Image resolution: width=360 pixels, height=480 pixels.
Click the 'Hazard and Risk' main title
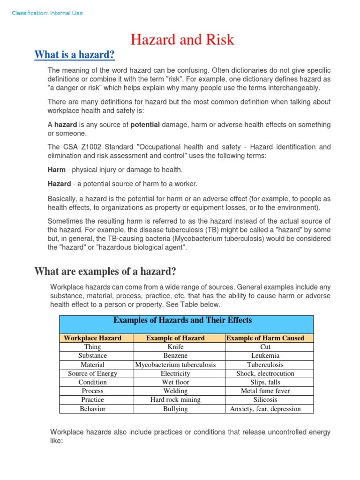click(x=182, y=39)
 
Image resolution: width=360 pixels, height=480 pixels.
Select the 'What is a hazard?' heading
click(x=75, y=55)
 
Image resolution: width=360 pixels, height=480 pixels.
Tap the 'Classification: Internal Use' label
click(x=47, y=13)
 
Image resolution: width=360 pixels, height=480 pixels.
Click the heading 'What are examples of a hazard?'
click(x=105, y=271)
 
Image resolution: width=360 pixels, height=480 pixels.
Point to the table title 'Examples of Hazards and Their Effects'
click(x=182, y=321)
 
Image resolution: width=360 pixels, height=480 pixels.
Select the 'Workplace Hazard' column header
click(x=92, y=338)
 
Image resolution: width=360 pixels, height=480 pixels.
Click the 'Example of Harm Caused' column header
click(x=265, y=338)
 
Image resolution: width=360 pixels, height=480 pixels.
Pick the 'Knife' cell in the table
click(x=175, y=347)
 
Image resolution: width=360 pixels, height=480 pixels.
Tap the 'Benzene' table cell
click(x=175, y=356)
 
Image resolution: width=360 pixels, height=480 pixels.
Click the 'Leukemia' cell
click(x=265, y=356)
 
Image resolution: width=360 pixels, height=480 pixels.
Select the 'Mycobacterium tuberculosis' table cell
click(x=175, y=365)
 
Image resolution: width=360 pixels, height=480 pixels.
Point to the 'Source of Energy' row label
click(x=92, y=374)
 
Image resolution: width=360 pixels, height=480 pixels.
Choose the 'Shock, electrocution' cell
click(x=265, y=374)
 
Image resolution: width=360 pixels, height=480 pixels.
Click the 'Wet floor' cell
click(x=175, y=382)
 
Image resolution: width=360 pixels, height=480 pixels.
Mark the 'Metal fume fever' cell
click(x=265, y=391)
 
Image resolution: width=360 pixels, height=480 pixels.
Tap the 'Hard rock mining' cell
click(x=175, y=400)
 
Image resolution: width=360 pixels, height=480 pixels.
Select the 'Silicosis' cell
click(x=265, y=400)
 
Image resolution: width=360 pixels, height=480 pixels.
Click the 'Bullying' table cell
click(x=175, y=409)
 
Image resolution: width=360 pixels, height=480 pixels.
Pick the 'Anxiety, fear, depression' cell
click(x=265, y=409)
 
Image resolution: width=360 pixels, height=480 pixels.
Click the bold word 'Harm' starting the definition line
click(x=56, y=170)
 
